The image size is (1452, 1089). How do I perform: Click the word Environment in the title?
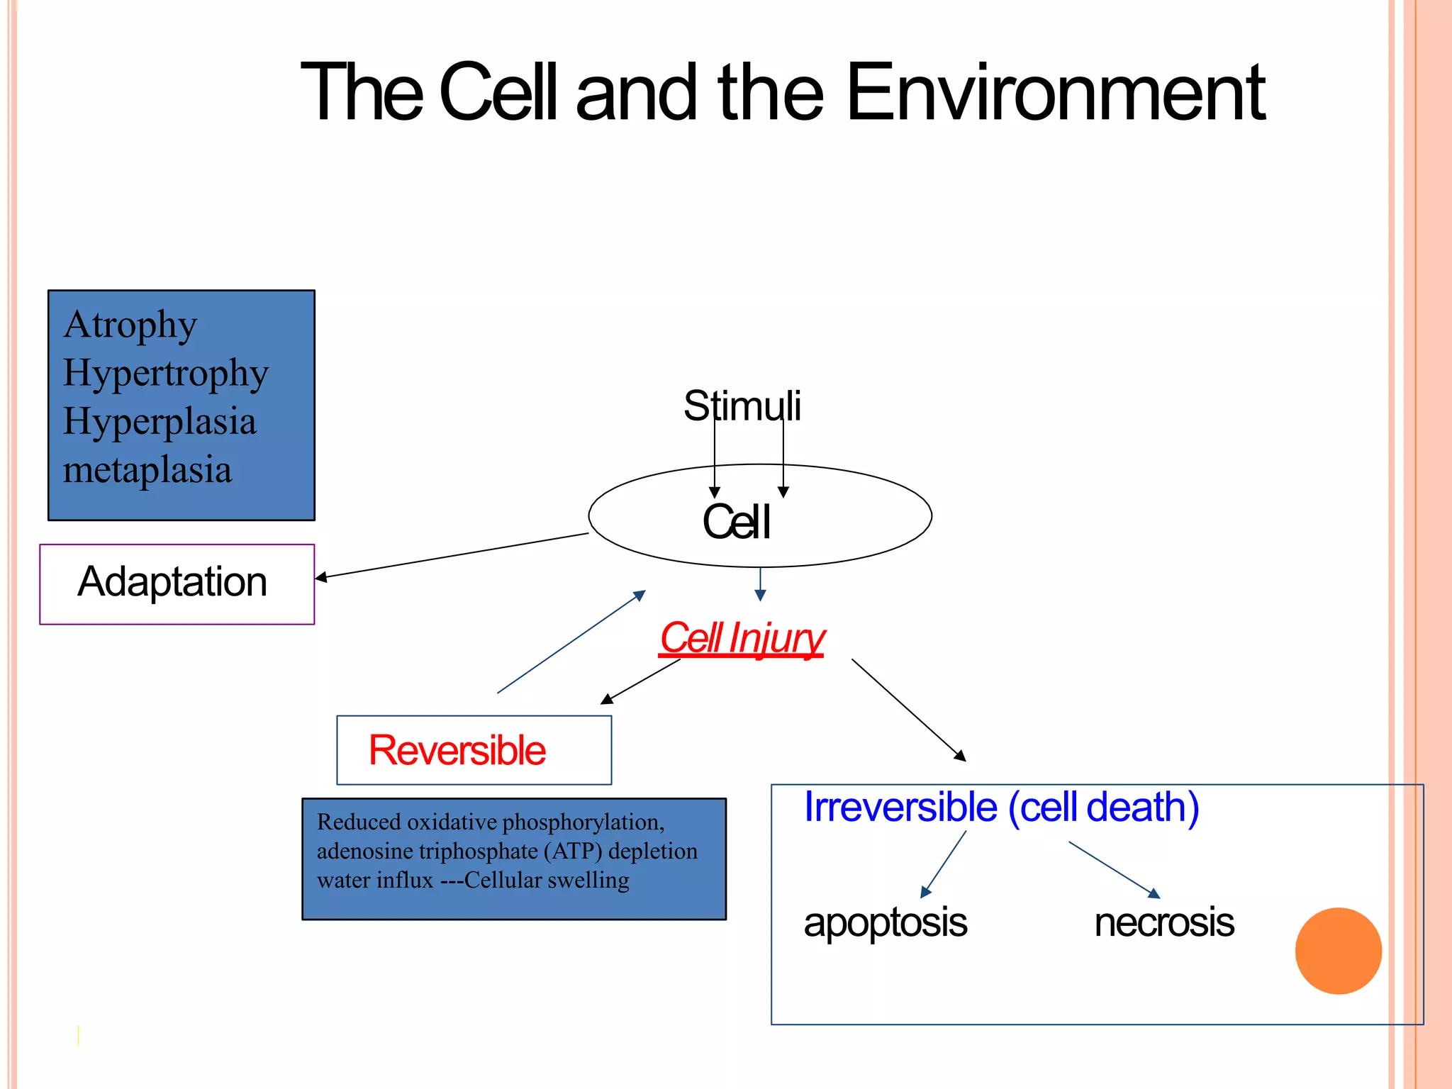(x=1055, y=92)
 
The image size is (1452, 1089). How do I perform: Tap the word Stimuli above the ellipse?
(x=742, y=406)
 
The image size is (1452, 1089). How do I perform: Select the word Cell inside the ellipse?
(x=736, y=523)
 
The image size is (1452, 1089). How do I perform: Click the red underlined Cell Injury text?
(x=742, y=637)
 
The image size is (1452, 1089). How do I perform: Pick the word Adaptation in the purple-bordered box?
(x=172, y=582)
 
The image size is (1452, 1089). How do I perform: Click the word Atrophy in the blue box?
(x=130, y=325)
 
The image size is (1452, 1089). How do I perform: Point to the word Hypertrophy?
(x=166, y=373)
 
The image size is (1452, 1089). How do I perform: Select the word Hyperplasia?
(x=160, y=421)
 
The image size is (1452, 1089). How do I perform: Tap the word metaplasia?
(x=147, y=469)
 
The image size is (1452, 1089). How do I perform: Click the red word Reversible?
(x=457, y=750)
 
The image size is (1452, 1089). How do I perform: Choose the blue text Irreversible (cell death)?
(x=1001, y=807)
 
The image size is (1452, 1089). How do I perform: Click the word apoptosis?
(x=885, y=922)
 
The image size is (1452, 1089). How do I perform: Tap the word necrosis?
(x=1164, y=922)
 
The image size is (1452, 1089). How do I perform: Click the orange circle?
(x=1338, y=951)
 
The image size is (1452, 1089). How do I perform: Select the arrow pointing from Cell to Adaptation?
(x=452, y=556)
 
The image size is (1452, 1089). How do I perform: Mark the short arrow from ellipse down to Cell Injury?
(x=760, y=584)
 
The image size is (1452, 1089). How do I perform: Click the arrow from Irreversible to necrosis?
(x=1114, y=870)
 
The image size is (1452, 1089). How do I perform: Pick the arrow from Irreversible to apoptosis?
(x=944, y=864)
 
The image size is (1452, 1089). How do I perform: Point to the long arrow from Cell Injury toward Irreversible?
(x=908, y=710)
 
